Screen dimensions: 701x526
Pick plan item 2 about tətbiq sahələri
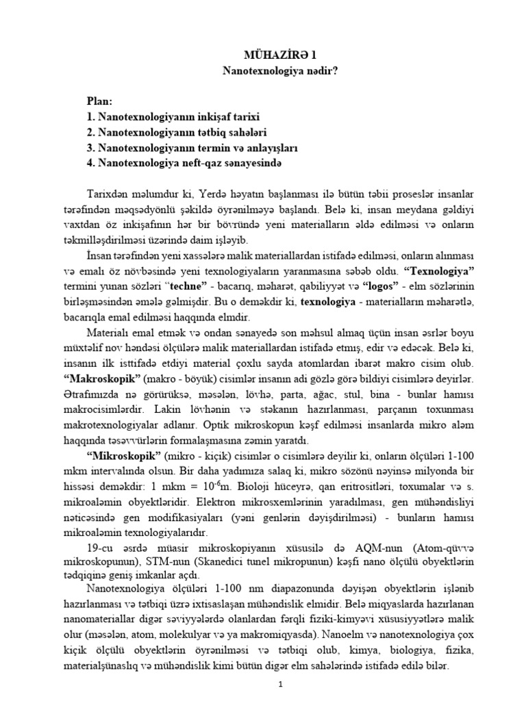point(172,132)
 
